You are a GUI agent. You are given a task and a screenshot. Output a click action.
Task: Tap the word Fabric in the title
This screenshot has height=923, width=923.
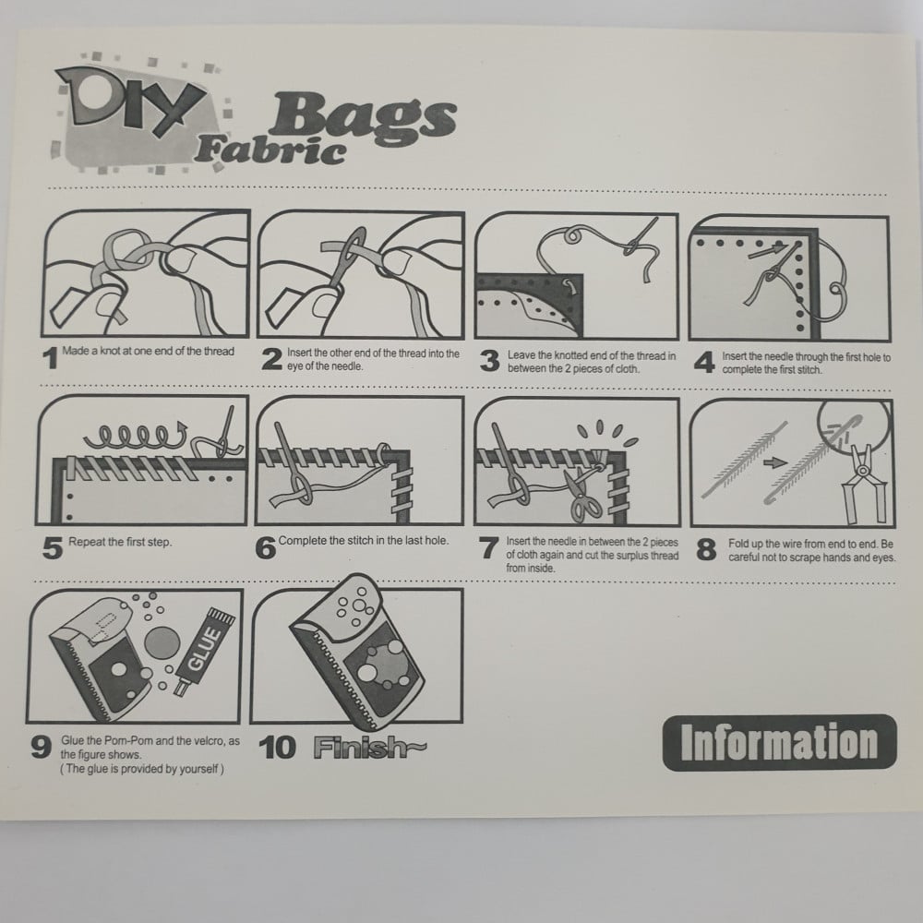(x=270, y=150)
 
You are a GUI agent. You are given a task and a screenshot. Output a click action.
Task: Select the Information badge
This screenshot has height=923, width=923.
(x=779, y=742)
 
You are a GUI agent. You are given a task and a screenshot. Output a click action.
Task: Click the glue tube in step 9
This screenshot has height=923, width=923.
(x=204, y=652)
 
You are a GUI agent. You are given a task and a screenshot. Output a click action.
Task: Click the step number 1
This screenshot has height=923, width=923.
(x=51, y=358)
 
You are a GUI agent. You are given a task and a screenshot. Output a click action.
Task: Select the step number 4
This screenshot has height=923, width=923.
(x=704, y=362)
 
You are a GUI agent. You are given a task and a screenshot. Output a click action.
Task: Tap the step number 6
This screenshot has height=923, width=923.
(x=266, y=548)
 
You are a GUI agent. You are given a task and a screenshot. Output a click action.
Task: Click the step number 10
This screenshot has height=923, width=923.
(x=277, y=748)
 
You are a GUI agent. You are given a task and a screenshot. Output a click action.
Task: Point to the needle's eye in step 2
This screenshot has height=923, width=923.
(x=355, y=242)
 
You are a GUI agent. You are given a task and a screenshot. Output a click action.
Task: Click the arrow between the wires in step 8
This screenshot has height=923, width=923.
(x=774, y=462)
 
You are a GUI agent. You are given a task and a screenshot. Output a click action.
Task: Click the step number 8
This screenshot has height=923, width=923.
(x=706, y=550)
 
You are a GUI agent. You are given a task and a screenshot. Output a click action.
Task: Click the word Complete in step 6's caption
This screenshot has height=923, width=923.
(x=302, y=540)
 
